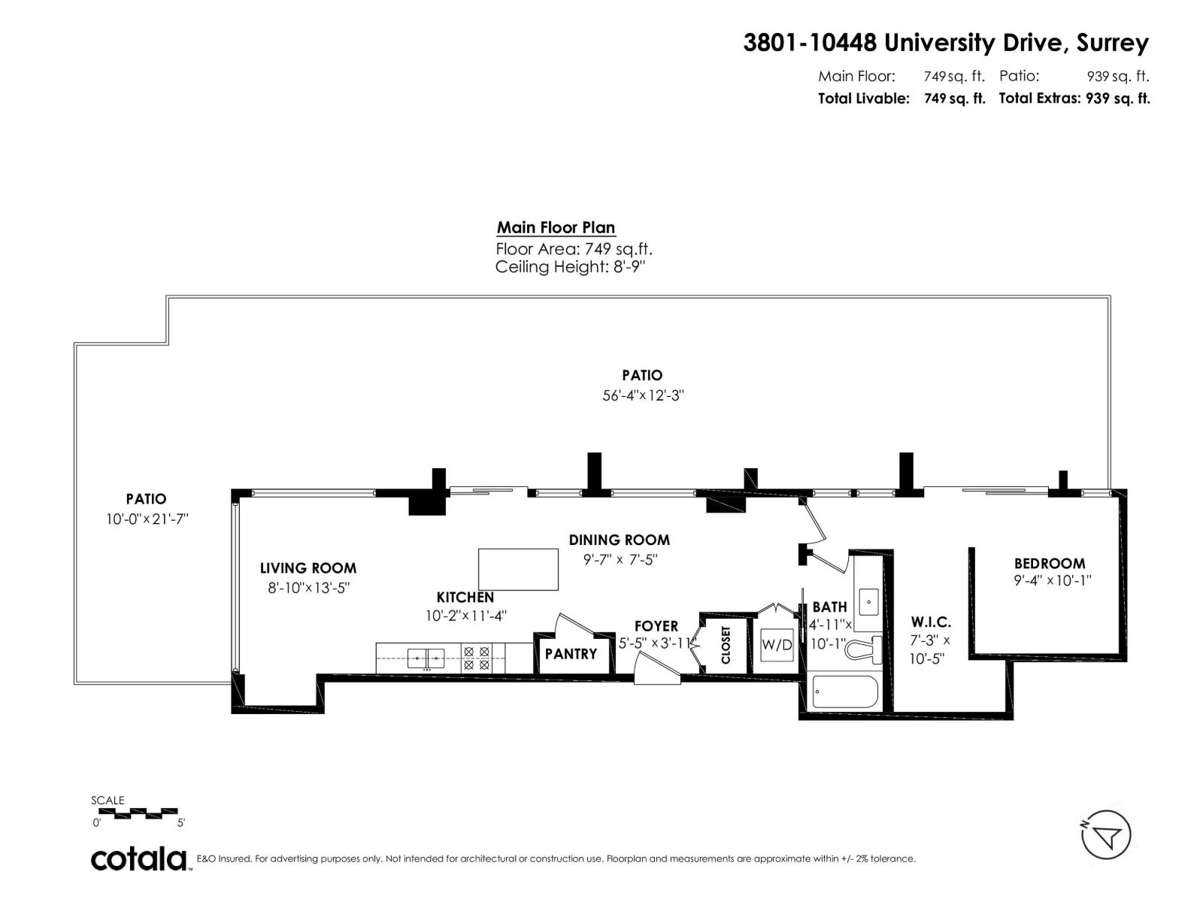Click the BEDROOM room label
click(x=1049, y=563)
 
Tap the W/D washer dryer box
click(x=776, y=644)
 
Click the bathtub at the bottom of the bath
click(x=845, y=692)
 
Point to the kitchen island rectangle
click(x=518, y=569)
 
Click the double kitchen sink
click(x=426, y=658)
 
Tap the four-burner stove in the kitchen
click(x=476, y=658)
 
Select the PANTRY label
click(x=571, y=654)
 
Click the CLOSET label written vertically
click(x=726, y=645)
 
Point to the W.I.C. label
click(x=931, y=622)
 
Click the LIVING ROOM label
click(x=308, y=568)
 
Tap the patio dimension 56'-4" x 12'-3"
click(x=642, y=395)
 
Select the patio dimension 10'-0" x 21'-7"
click(x=147, y=519)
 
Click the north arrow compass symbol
click(x=1106, y=834)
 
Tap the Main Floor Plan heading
click(x=556, y=227)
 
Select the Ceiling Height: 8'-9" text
click(x=570, y=267)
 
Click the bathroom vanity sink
click(x=869, y=601)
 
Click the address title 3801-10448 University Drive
click(x=945, y=43)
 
